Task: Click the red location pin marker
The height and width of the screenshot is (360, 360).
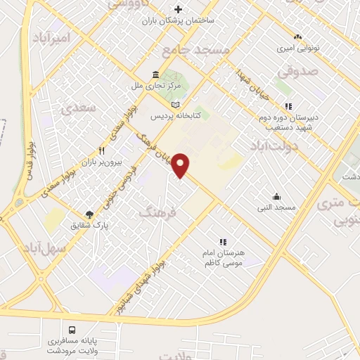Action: pyautogui.click(x=181, y=165)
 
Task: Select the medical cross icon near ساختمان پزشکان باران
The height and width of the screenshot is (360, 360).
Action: pyautogui.click(x=179, y=9)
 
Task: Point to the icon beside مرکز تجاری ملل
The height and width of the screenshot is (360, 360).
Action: pyautogui.click(x=155, y=75)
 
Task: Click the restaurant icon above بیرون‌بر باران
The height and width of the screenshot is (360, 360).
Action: pyautogui.click(x=103, y=150)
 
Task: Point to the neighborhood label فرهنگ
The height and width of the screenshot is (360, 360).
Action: pyautogui.click(x=157, y=210)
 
